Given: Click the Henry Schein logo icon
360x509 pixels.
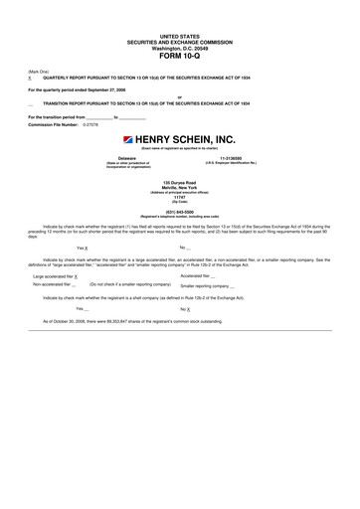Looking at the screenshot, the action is [129, 140].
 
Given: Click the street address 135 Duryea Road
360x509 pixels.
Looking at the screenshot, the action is [179, 184].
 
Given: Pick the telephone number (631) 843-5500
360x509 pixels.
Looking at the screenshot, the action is [179, 211].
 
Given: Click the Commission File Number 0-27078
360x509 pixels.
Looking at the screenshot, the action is [92, 124].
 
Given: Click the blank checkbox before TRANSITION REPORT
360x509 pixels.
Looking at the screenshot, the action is [30, 103].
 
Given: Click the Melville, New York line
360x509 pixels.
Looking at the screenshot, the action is [179, 189].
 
